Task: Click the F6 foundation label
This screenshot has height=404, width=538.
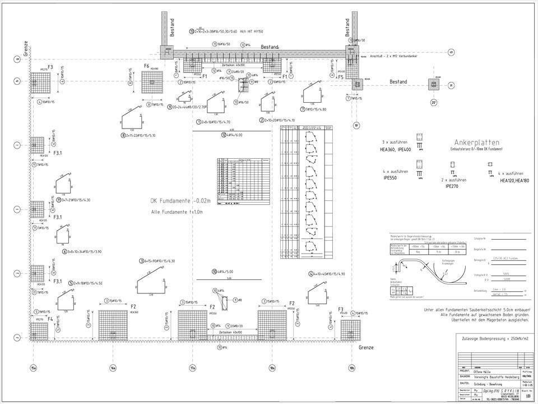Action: [146, 66]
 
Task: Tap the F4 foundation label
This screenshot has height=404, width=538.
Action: [50, 319]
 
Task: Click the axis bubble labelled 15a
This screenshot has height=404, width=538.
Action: [33, 368]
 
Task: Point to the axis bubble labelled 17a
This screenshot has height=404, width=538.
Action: [192, 368]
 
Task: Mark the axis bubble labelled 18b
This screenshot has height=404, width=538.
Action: [352, 368]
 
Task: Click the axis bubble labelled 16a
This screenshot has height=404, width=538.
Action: [113, 368]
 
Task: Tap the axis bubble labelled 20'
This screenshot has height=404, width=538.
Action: [433, 103]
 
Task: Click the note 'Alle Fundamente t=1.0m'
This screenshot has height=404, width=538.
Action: [177, 212]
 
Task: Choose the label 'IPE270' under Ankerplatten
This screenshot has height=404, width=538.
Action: [452, 186]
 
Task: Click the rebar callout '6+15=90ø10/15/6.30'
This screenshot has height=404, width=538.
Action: [160, 261]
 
